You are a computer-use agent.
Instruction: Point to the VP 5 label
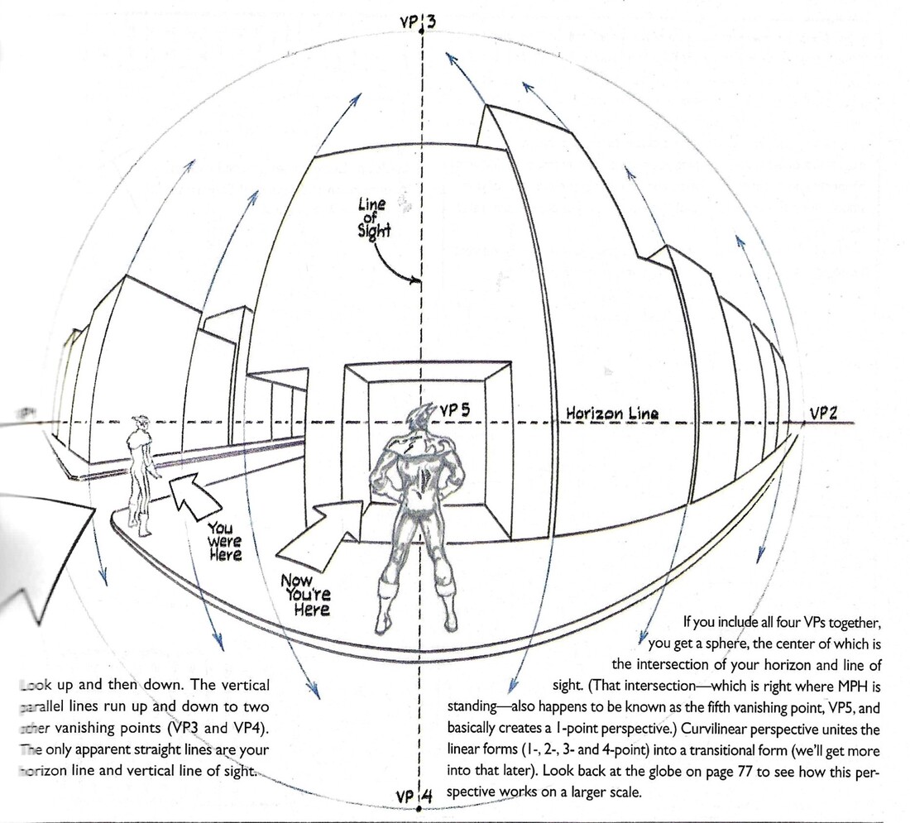pyautogui.click(x=454, y=409)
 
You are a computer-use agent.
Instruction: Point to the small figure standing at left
pyautogui.click(x=141, y=475)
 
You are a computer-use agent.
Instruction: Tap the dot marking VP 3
pyautogui.click(x=422, y=31)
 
